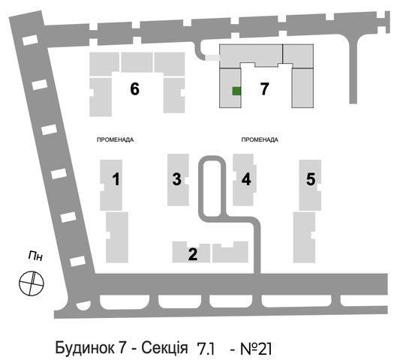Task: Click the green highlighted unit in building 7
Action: coord(236,91)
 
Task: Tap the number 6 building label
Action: coord(134,89)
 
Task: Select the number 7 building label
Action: coord(264,89)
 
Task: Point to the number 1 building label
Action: coord(116,179)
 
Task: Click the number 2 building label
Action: coord(193,254)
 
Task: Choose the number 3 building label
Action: coord(177,179)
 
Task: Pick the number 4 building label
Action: coord(246,179)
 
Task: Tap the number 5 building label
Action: coord(311,179)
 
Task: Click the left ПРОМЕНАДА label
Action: coord(116,139)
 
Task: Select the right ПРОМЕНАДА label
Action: coord(260,139)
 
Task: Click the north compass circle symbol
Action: coord(32,283)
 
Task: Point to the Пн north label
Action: coord(35,256)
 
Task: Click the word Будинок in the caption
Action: coord(84,348)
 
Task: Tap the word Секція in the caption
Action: coord(164,348)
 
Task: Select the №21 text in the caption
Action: coord(256,349)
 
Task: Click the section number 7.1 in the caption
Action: coord(206,349)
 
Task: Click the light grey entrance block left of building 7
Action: coord(212,58)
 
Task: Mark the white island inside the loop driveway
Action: coord(212,188)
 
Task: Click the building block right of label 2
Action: coord(230,252)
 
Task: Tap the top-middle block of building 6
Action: coord(137,62)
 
